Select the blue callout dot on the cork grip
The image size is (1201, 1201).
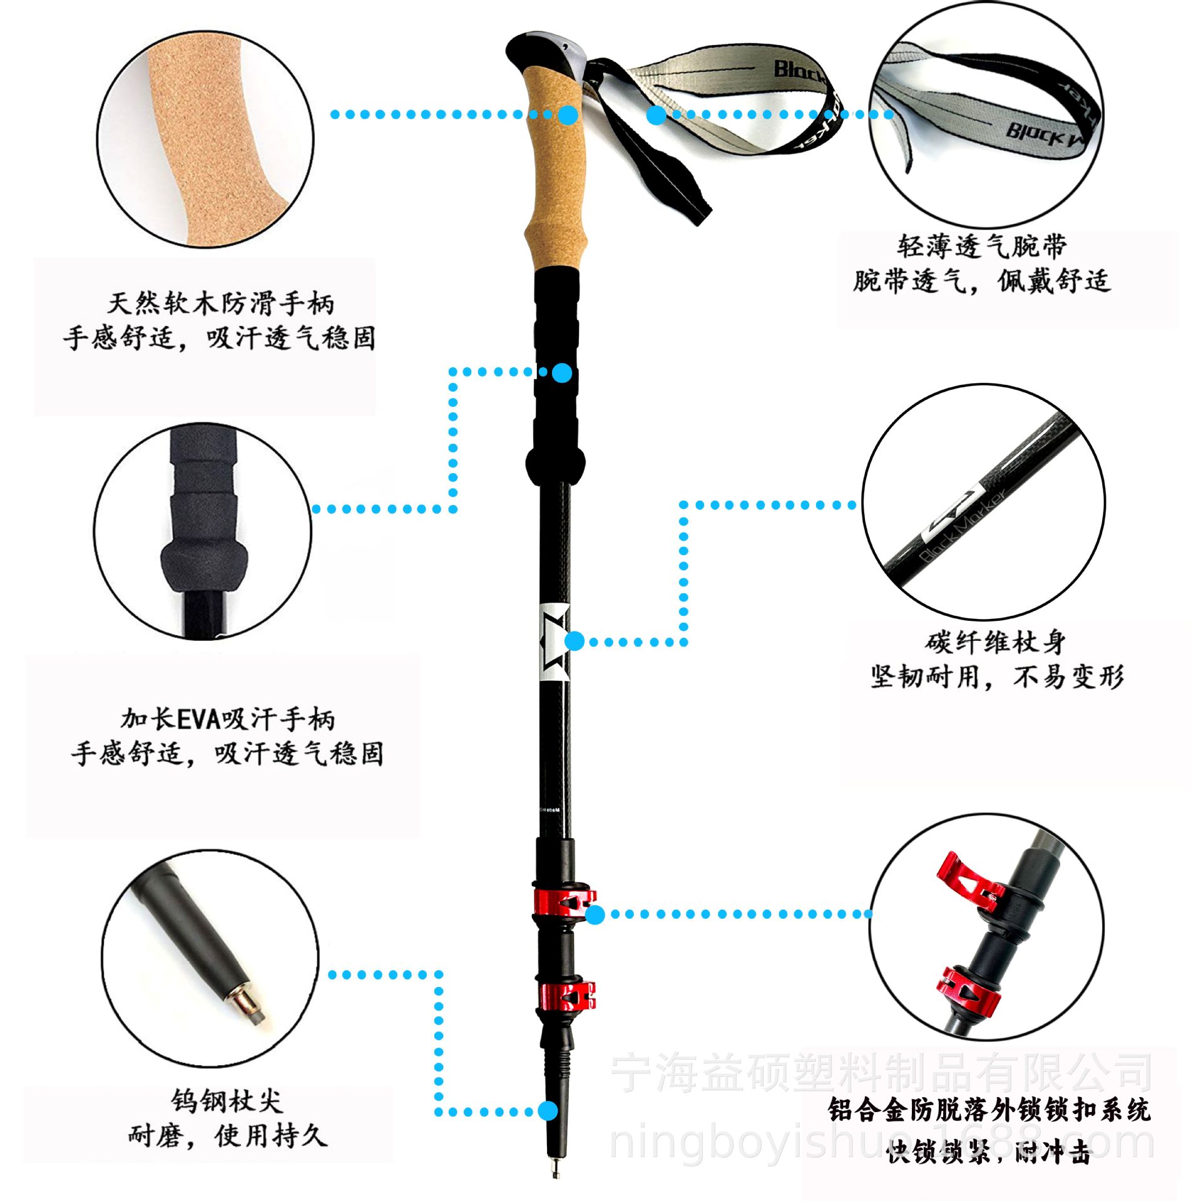coord(568,115)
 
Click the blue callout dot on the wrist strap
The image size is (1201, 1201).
coord(656,115)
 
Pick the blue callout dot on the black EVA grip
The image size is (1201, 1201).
coord(563,373)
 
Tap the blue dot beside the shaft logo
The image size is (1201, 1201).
coord(575,641)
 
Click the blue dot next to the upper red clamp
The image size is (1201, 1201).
coord(596,914)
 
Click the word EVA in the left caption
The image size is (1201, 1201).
coord(199,720)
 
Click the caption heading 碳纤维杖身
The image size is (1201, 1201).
coord(995,642)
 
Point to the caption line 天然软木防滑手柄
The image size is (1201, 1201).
coord(221,304)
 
